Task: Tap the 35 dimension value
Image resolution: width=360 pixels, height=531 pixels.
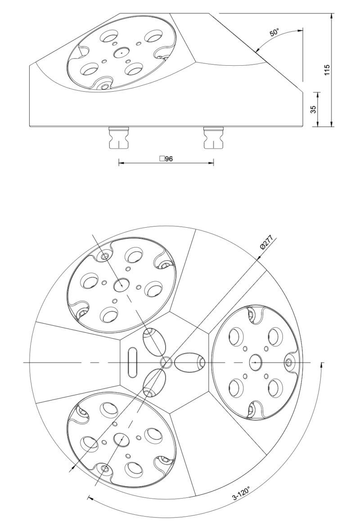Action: [314, 109]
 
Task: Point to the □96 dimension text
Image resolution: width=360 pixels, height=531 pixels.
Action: [166, 158]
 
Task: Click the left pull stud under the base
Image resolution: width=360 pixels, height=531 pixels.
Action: [118, 137]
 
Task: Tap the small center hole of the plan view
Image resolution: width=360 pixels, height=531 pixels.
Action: [166, 362]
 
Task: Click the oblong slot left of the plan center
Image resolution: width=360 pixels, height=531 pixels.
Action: [132, 362]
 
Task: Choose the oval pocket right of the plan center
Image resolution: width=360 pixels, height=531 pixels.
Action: [189, 362]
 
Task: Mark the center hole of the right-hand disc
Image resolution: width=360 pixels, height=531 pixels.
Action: [255, 362]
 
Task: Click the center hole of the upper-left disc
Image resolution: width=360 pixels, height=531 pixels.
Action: [121, 284]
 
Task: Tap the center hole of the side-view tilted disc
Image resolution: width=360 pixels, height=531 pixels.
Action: [121, 53]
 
